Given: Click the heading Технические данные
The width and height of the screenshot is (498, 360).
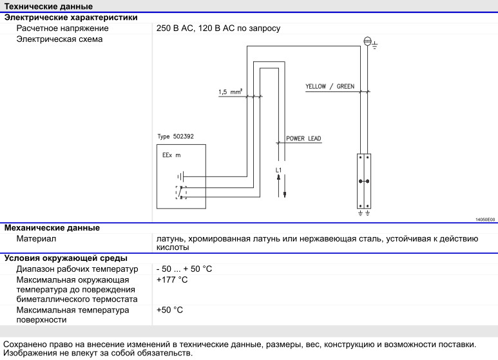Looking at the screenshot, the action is [48, 6].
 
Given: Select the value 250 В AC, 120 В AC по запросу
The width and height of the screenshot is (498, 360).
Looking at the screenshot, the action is [218, 28].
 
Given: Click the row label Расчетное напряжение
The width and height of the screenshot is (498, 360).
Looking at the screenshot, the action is [62, 28].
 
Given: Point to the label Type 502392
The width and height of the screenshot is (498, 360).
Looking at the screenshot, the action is [176, 137].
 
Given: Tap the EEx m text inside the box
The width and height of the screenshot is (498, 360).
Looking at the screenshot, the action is [171, 155].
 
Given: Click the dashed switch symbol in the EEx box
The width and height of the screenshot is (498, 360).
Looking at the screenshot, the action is [181, 193].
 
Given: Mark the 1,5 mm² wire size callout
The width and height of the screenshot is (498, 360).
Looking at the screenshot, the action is [230, 92].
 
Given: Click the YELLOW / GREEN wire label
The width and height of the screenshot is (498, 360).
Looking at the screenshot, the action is [330, 86].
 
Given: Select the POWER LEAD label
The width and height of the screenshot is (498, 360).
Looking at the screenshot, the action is [303, 138].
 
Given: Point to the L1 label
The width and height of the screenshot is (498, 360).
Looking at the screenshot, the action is [278, 170].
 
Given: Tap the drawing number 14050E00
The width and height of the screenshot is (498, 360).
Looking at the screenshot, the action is [485, 220].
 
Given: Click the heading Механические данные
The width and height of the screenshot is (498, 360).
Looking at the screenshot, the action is [52, 227].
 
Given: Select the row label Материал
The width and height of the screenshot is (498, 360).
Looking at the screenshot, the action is [36, 238].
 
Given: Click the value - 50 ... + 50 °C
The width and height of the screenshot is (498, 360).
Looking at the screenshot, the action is [184, 269].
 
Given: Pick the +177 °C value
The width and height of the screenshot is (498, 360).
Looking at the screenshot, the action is [172, 279].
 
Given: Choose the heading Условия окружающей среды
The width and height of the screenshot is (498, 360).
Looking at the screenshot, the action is [66, 258].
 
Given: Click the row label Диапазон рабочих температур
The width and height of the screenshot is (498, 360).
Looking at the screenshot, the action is [77, 269].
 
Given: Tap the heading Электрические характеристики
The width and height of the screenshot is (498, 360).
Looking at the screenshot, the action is [71, 17].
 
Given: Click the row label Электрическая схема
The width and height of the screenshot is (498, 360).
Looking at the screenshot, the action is [59, 39].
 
